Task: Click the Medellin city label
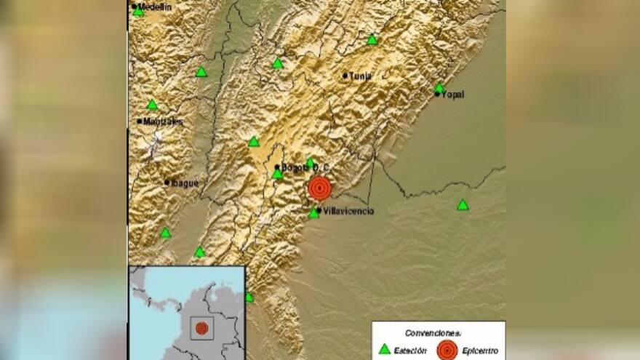[155, 7]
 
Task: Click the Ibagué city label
[184, 183]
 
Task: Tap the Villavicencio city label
[348, 211]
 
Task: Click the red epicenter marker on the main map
[319, 188]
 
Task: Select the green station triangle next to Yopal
[439, 89]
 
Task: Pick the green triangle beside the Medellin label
[138, 12]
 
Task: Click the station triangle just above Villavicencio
[313, 213]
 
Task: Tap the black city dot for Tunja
[345, 75]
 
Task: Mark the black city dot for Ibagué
[167, 183]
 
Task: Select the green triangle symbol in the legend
[384, 349]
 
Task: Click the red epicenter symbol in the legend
[447, 350]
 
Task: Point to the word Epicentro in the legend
[479, 351]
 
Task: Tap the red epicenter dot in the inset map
[201, 328]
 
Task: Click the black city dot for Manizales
[140, 121]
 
